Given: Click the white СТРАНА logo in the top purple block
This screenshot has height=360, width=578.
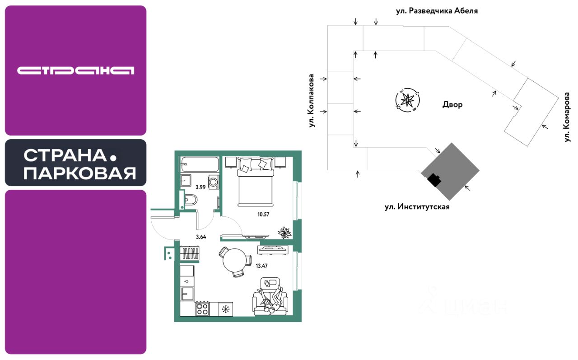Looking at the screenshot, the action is [x=76, y=70].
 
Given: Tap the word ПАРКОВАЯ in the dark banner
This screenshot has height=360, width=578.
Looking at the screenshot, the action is [x=80, y=173].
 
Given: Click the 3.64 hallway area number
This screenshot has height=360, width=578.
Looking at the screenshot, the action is [x=202, y=236].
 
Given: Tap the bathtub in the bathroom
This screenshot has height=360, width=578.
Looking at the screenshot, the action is [x=199, y=164].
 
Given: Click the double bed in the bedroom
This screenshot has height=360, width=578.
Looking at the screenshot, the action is [x=255, y=179].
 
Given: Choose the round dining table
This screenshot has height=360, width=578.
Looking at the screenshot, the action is [x=234, y=261].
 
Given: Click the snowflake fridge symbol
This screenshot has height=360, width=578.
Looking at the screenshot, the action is [x=225, y=309].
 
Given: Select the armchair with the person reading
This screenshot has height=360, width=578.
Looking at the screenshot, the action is [x=270, y=298].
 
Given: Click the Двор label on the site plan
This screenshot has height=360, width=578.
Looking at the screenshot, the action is [x=452, y=105].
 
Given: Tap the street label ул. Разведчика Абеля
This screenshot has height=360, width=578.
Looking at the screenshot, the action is [x=437, y=11].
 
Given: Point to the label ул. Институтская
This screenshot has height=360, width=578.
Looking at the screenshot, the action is [x=417, y=207].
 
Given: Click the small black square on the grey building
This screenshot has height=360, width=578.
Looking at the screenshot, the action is [x=434, y=180].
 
